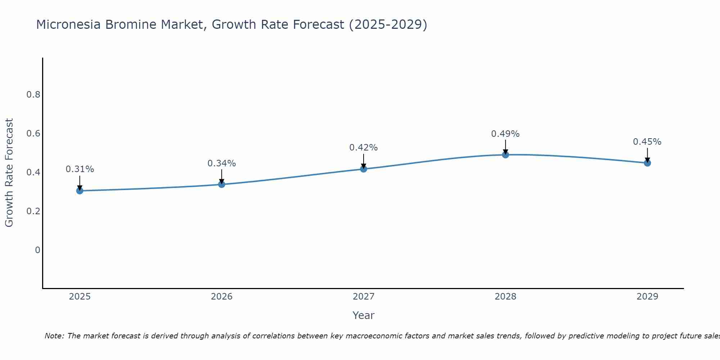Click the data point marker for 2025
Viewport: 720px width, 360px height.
(x=80, y=190)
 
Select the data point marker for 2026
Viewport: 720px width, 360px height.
(x=222, y=184)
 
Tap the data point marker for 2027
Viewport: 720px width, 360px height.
(x=364, y=168)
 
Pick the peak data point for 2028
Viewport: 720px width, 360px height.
(x=505, y=155)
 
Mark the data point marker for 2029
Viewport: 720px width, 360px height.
(x=647, y=163)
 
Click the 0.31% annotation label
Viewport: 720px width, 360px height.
(x=80, y=169)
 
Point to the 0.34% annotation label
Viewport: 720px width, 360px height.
(x=222, y=163)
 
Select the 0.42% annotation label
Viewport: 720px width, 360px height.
(x=364, y=148)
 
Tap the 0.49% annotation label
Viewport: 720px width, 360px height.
(x=505, y=134)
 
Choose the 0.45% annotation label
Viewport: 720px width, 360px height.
(x=647, y=142)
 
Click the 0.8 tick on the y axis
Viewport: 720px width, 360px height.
(x=33, y=95)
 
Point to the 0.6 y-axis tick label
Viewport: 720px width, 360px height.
(x=33, y=134)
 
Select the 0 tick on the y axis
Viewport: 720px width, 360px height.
(x=37, y=250)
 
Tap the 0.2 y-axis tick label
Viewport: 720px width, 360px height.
(x=33, y=211)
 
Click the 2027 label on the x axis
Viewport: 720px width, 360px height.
(x=364, y=297)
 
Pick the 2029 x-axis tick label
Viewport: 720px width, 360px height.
(x=647, y=297)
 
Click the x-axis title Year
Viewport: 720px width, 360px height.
(x=364, y=315)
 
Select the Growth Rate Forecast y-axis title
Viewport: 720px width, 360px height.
(x=9, y=173)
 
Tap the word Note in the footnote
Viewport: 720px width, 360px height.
(x=54, y=336)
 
